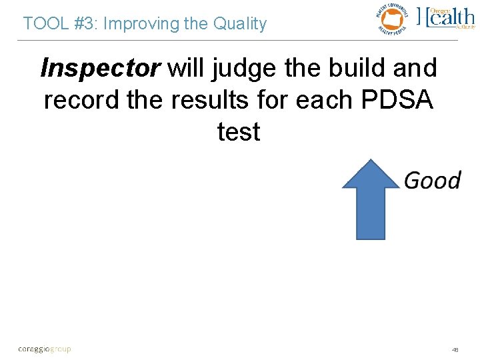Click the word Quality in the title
coord(239,24)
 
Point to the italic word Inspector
coord(101,68)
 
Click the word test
coord(239,132)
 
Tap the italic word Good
coord(432,180)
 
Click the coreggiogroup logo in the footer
coord(44,349)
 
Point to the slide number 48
coord(455,349)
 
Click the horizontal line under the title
coord(240,41)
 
